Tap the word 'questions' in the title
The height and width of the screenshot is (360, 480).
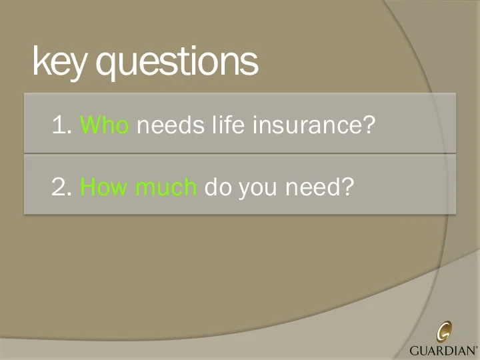pyautogui.click(x=177, y=63)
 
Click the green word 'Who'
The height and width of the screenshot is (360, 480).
pyautogui.click(x=104, y=125)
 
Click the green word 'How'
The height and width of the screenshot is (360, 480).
pyautogui.click(x=104, y=188)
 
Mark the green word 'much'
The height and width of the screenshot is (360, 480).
pyautogui.click(x=166, y=188)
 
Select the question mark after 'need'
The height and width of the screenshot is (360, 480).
pyautogui.click(x=346, y=188)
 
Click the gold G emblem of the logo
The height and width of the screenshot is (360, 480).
pyautogui.click(x=444, y=331)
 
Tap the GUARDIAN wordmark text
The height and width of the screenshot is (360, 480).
pyautogui.click(x=441, y=349)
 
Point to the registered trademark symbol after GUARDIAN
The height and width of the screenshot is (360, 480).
pyautogui.click(x=476, y=346)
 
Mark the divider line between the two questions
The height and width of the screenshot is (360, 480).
pyautogui.click(x=240, y=153)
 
